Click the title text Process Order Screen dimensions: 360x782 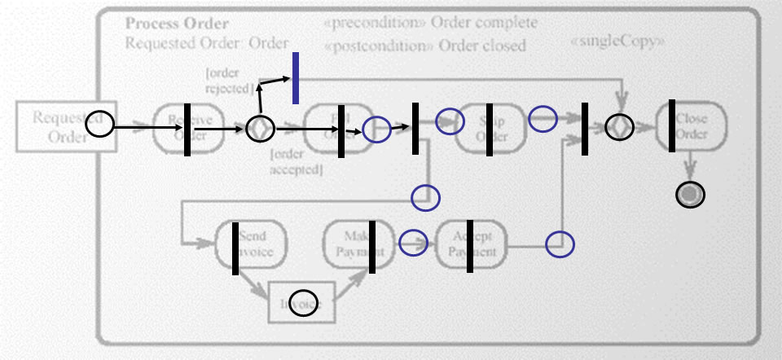coord(177,24)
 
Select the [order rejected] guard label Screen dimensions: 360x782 coord(230,81)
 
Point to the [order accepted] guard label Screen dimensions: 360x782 coord(297,161)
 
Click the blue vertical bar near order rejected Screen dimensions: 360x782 coord(296,78)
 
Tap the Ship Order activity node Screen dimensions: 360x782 coord(490,127)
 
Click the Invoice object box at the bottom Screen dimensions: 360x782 coord(302,303)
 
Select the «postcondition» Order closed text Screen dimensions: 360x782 coord(424,45)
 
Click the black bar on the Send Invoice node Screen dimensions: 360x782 coord(235,247)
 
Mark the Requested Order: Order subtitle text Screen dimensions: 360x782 coord(207,43)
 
